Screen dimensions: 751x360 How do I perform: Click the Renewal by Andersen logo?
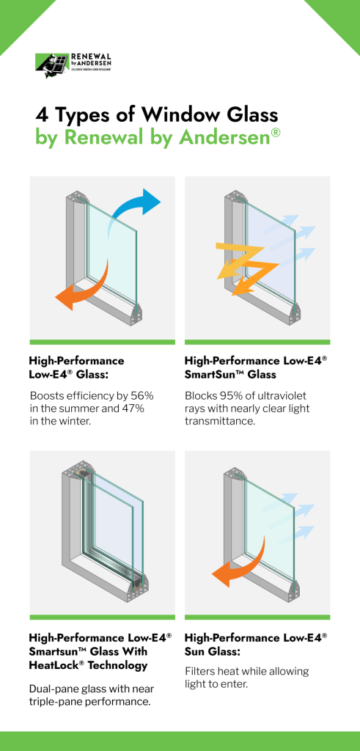point(71,65)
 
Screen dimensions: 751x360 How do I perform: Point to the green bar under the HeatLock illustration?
point(102,617)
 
